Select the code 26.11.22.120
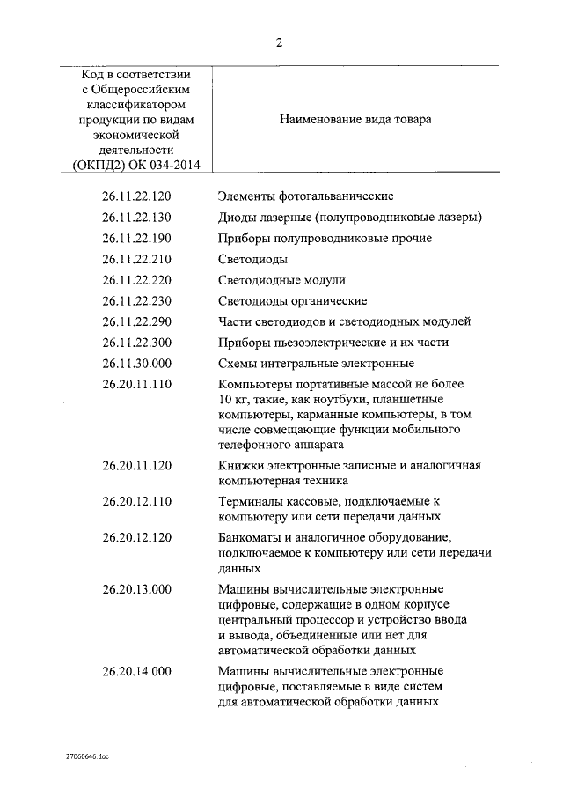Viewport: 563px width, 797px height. (136, 196)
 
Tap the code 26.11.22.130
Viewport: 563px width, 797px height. (136, 217)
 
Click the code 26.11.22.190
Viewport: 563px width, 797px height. (136, 238)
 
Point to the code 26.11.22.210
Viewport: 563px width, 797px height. (136, 259)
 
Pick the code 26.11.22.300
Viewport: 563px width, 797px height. (136, 343)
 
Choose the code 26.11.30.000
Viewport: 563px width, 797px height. (136, 364)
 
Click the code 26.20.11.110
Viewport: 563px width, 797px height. (136, 385)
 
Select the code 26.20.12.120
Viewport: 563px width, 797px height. (136, 537)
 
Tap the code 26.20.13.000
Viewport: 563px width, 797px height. (136, 588)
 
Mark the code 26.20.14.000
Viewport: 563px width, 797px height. (136, 671)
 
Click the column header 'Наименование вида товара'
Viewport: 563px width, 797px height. (355, 119)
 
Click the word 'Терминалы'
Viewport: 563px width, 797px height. (250, 501)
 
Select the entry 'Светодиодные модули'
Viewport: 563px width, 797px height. (281, 280)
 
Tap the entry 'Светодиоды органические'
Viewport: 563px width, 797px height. (292, 301)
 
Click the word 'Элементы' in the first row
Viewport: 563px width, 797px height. (245, 196)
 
